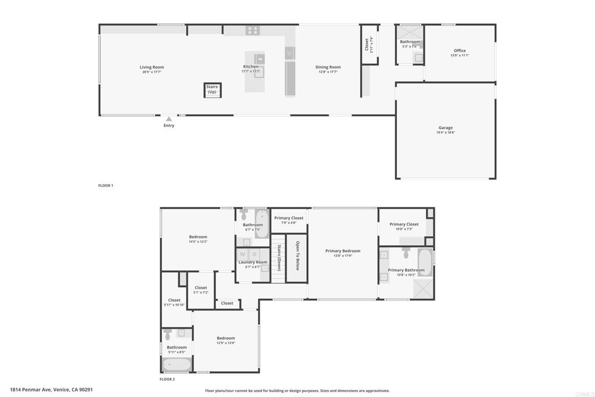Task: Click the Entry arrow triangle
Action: click(169, 119)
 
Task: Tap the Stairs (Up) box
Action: click(213, 90)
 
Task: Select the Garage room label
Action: click(446, 128)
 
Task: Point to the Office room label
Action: click(460, 51)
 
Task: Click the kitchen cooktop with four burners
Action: click(252, 30)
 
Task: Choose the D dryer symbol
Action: click(254, 254)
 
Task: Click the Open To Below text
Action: click(297, 256)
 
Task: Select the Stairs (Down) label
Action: click(279, 257)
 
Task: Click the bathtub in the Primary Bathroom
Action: click(425, 262)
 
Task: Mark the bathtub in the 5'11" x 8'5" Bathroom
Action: click(177, 365)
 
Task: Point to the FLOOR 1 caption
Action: click(106, 185)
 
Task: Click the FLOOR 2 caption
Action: click(167, 379)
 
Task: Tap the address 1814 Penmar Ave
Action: click(51, 390)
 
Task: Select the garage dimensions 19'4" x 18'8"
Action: click(446, 133)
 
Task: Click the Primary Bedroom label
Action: click(343, 251)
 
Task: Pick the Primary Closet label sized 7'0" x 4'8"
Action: click(289, 218)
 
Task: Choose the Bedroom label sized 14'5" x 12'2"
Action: click(198, 237)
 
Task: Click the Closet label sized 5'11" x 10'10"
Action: click(174, 301)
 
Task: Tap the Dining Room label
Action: click(328, 67)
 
